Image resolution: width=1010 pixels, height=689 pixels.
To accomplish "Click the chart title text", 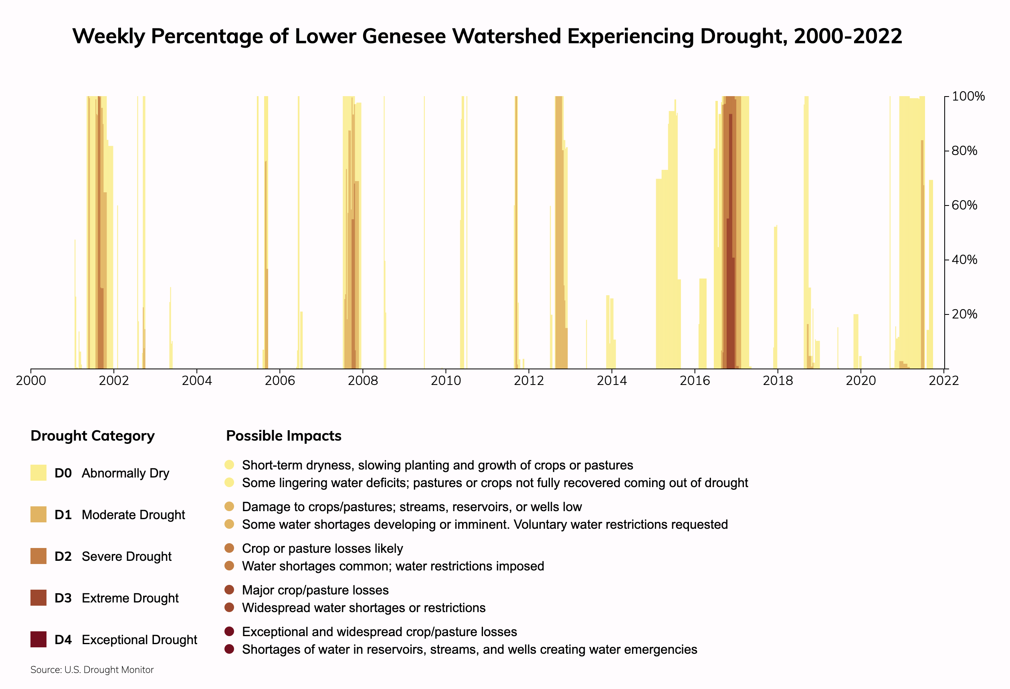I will pos(487,36).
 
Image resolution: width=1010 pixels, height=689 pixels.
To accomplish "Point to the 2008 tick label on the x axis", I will pos(362,381).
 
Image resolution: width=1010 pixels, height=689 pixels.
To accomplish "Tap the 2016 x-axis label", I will pos(695,381).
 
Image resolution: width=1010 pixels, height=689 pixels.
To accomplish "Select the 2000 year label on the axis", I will pos(31,381).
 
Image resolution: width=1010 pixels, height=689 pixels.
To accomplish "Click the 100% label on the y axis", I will pos(968,97).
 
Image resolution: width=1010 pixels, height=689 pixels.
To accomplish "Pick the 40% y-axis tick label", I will pos(964,260).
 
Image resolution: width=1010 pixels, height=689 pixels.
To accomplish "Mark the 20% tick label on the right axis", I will pos(964,314).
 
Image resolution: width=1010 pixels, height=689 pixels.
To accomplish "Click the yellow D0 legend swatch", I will pos(38,473).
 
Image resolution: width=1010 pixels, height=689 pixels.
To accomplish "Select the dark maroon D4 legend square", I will pos(38,639).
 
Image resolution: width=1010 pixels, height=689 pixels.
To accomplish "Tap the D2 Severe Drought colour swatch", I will pos(38,556).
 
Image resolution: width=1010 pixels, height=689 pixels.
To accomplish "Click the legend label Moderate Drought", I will pos(133,515).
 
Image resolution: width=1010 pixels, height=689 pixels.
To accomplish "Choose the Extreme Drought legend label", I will pos(130,598).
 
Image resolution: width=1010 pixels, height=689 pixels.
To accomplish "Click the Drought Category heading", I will pos(93,436).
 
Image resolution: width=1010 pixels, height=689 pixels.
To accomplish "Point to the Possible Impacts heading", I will pos(283,436).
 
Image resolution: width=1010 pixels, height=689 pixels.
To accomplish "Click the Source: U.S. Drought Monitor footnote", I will pos(92,670).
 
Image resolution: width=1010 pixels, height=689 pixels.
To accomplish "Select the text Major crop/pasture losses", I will pos(315,590).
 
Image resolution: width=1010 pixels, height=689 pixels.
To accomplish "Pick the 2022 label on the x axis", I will pos(943,381).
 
